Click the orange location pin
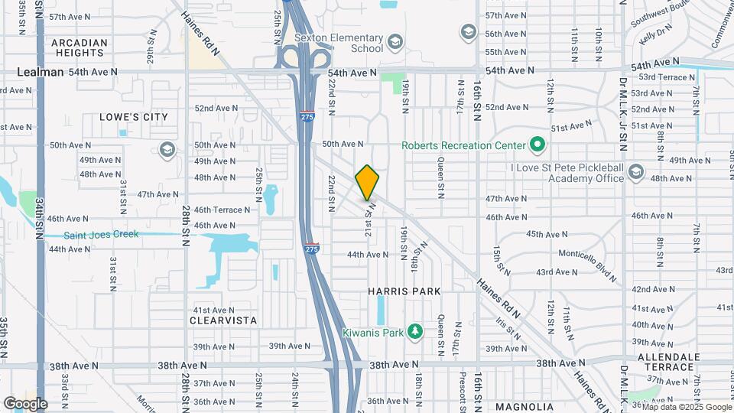(367, 183)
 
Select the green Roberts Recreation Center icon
(537, 145)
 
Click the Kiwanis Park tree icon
(415, 331)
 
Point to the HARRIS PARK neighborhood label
(404, 291)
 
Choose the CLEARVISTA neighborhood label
(223, 320)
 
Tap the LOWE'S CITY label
(134, 117)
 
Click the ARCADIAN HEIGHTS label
(79, 47)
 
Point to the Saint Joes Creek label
(101, 235)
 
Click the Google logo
(24, 404)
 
